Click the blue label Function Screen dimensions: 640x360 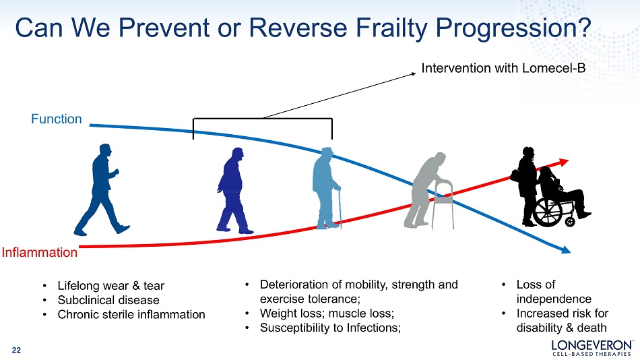click(57, 119)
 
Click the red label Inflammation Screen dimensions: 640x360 click(40, 252)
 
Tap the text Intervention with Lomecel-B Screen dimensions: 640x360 click(503, 68)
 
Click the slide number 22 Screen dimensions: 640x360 click(16, 350)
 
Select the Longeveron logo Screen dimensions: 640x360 click(592, 347)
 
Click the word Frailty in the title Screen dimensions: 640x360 click(391, 28)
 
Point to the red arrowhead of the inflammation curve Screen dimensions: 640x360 click(563, 162)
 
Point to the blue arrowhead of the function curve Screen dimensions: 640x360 click(565, 249)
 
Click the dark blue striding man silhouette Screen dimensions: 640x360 click(102, 189)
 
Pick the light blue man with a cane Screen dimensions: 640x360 click(327, 188)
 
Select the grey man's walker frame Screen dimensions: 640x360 click(443, 204)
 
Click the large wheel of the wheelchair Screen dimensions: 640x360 click(548, 212)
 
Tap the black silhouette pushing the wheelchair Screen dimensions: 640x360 click(527, 186)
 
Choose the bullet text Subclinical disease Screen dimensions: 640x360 click(108, 300)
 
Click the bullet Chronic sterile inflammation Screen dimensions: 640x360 click(131, 314)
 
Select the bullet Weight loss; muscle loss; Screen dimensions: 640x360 click(327, 313)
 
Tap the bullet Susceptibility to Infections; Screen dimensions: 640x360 click(331, 328)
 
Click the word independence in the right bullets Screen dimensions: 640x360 click(554, 299)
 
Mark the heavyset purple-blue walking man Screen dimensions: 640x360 click(234, 191)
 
